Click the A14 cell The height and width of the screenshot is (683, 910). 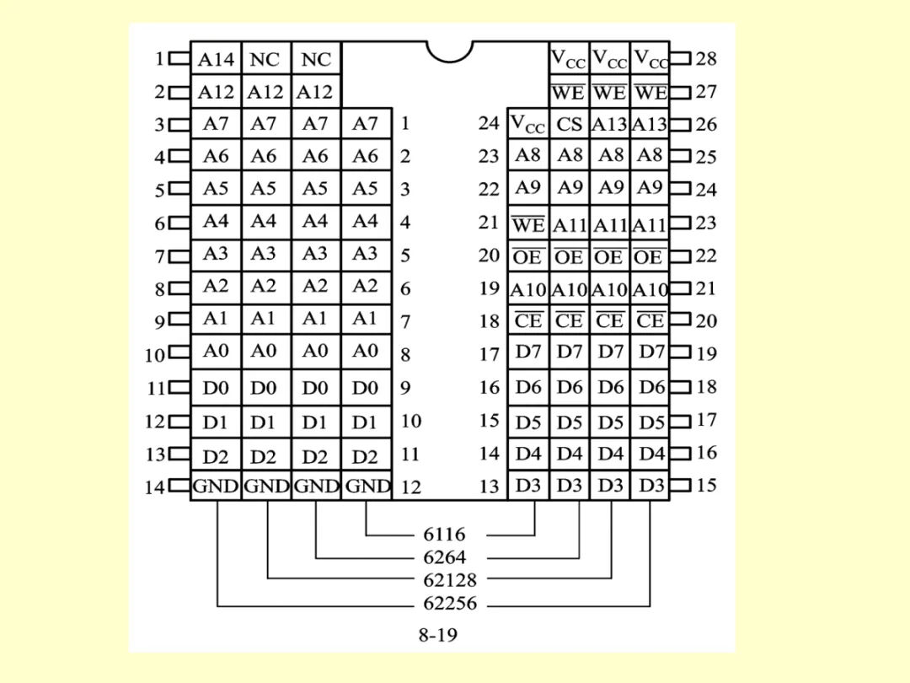216,60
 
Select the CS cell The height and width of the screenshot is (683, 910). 570,124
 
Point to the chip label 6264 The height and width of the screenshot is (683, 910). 444,557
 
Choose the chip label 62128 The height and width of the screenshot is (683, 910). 449,580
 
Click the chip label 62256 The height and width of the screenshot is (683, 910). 449,603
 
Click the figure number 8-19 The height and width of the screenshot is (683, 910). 438,634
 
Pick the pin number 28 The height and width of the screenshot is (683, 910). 707,58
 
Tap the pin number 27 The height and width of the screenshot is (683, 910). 707,92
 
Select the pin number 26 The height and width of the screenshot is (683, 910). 707,125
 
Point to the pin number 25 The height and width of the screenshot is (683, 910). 707,157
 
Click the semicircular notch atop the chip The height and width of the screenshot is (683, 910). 449,51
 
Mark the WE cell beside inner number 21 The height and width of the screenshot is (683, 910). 528,223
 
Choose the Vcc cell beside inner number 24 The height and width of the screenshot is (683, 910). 528,124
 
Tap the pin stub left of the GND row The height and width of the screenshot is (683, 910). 179,486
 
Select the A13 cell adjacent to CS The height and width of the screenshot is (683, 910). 609,124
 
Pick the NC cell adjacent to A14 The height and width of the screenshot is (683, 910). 265,60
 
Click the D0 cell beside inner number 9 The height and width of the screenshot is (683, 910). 366,389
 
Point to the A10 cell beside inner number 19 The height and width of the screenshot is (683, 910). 528,289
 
